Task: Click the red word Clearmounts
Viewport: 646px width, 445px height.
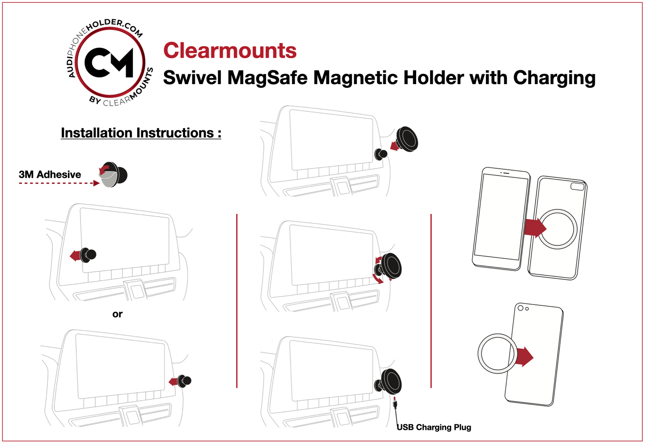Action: [230, 51]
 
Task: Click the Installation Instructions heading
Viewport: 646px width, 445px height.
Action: [141, 133]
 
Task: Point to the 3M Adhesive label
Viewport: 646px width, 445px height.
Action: [50, 175]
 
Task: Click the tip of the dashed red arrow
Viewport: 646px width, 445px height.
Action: [97, 183]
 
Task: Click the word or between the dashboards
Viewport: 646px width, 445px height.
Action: [118, 314]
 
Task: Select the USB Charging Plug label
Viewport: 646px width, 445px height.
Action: [434, 427]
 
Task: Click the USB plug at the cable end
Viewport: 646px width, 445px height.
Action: [395, 404]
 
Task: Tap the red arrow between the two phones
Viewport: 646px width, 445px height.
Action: [535, 227]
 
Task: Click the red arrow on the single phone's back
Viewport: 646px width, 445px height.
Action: [524, 357]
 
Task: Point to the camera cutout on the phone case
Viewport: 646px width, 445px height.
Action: [577, 186]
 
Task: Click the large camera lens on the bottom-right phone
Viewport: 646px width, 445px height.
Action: [520, 308]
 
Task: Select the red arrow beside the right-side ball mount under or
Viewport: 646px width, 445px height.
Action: [173, 381]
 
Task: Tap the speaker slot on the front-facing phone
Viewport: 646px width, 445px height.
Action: [505, 173]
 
